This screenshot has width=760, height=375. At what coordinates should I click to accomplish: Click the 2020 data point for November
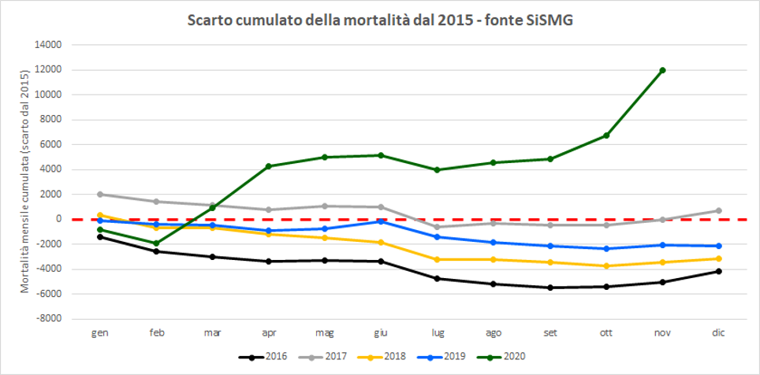click(x=662, y=70)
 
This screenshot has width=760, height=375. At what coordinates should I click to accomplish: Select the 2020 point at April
click(x=269, y=166)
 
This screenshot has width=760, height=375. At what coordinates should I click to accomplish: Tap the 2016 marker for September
click(x=550, y=288)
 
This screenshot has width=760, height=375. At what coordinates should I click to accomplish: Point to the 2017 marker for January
click(x=100, y=194)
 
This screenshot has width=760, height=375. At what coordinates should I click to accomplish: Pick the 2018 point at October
click(x=606, y=266)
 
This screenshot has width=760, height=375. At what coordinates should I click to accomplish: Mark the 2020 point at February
click(x=156, y=243)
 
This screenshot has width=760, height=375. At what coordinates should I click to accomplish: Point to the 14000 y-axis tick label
click(x=49, y=45)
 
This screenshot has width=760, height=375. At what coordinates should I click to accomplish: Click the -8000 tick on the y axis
click(x=49, y=319)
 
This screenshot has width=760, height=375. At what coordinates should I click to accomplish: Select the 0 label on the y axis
click(x=59, y=219)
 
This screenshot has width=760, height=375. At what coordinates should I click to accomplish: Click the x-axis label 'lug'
click(x=438, y=333)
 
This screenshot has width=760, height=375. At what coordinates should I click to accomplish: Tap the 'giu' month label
click(x=382, y=333)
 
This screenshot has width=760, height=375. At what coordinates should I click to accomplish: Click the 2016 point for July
click(x=438, y=278)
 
